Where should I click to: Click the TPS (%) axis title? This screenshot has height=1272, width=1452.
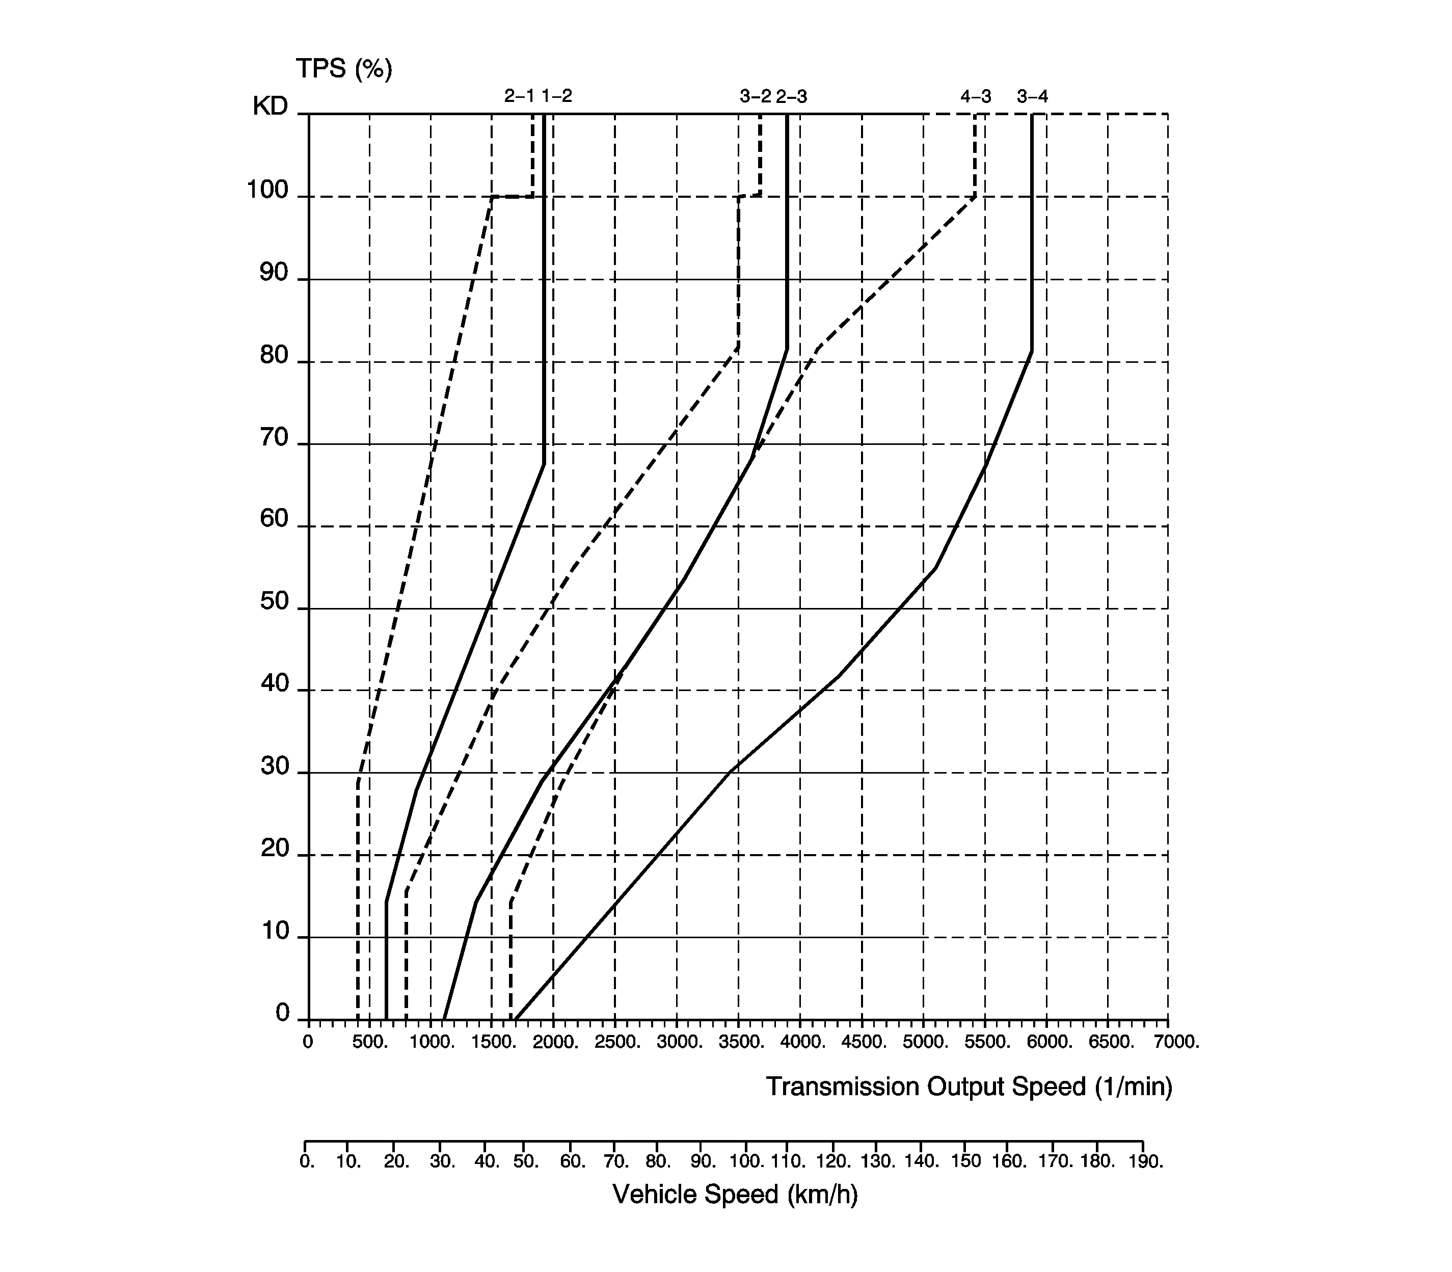343,69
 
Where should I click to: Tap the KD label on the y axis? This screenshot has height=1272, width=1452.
271,107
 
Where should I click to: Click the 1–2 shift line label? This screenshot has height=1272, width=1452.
556,96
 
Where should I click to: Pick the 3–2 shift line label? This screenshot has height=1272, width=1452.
755,96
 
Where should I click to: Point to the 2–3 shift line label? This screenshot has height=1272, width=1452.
791,96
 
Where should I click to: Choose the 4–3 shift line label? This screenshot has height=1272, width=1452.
976,96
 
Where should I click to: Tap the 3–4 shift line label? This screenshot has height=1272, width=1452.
1032,96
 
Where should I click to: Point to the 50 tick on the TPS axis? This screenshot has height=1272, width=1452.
275,602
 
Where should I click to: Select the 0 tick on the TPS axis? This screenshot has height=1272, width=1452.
282,1013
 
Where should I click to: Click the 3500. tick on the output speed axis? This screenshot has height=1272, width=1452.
741,1043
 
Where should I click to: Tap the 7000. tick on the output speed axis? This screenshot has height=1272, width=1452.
1176,1043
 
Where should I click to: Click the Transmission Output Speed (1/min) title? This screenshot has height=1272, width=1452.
969,1086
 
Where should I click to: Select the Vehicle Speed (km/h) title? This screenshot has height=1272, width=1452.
735,1195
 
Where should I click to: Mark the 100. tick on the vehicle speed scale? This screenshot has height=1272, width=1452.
746,1162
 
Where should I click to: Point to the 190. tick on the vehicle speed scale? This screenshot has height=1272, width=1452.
1145,1162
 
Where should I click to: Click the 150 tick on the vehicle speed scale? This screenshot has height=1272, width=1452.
966,1161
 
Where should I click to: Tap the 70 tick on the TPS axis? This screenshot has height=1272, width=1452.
275,438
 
